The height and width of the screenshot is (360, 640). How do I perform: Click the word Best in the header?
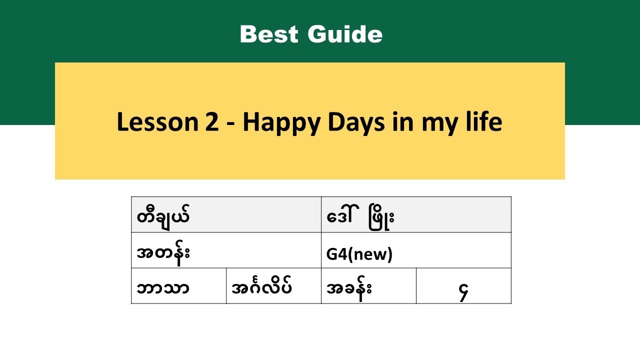[268, 34]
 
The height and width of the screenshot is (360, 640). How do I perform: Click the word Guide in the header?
[345, 34]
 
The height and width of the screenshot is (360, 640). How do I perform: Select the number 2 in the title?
[211, 122]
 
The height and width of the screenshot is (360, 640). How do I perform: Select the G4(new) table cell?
[416, 250]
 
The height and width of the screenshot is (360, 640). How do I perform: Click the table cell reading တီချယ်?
[226, 215]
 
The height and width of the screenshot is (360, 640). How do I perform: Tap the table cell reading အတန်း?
[226, 250]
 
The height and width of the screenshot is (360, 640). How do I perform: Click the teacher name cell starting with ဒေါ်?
[416, 215]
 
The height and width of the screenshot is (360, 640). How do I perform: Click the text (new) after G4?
[372, 255]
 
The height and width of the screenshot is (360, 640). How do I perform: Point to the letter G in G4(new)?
[331, 255]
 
